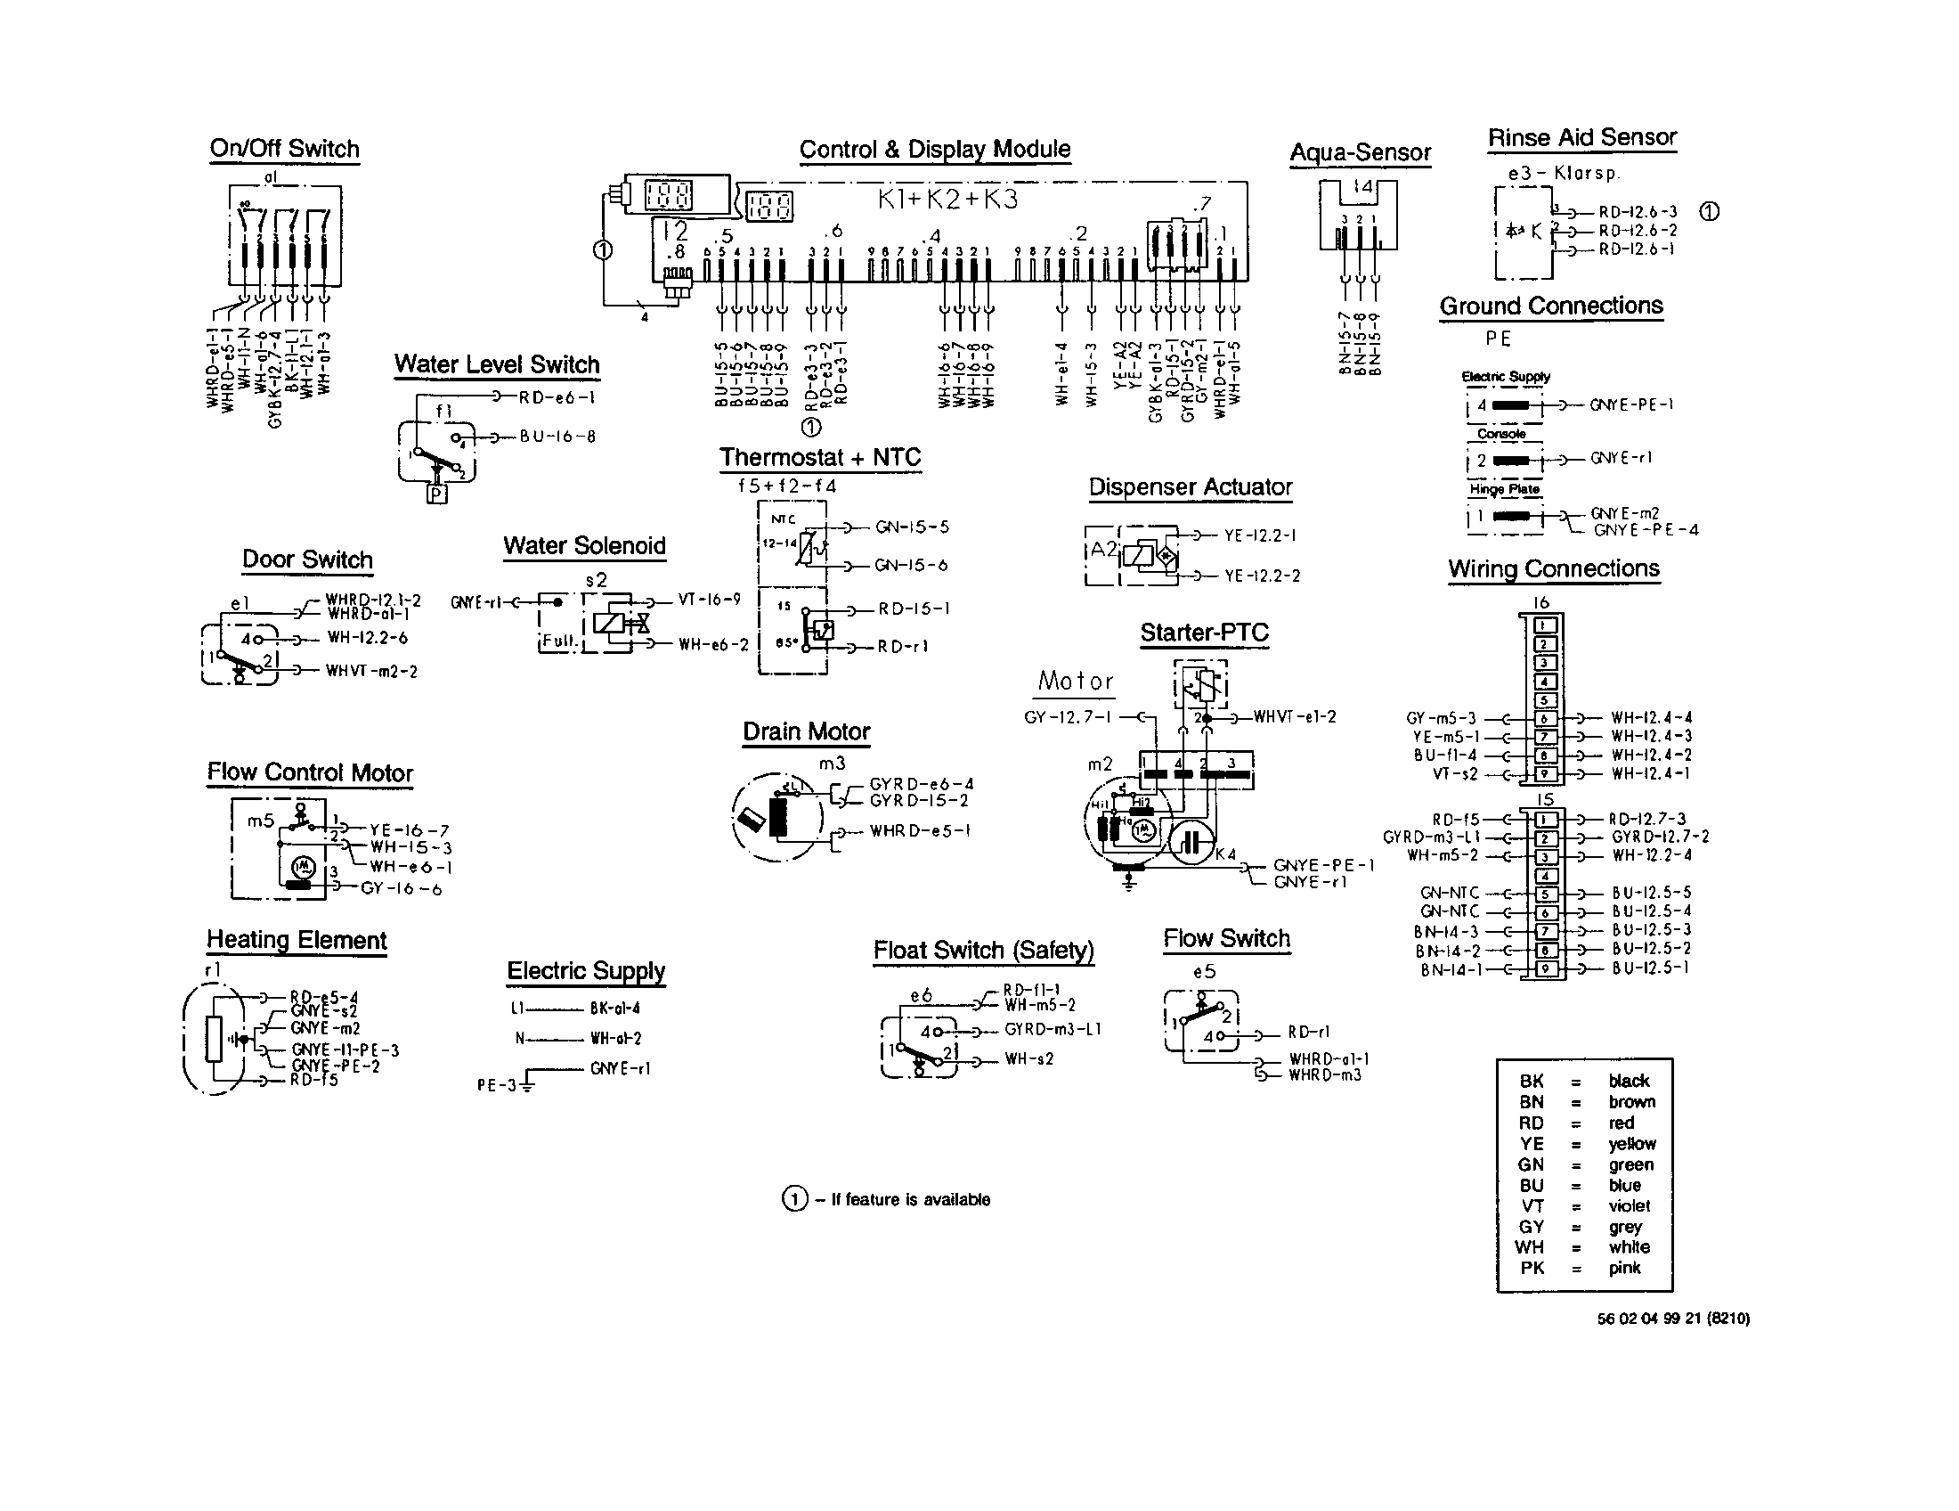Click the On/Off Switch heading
tap(284, 149)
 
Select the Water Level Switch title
tap(497, 364)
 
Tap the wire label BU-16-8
tap(558, 437)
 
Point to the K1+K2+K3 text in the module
tap(948, 200)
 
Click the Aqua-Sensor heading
tap(1360, 152)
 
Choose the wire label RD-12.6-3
tap(1638, 213)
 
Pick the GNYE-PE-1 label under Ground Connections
tap(1631, 404)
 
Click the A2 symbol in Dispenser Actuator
tap(1102, 550)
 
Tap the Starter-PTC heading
tap(1204, 633)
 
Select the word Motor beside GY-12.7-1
tap(1076, 681)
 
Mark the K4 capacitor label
tap(1225, 854)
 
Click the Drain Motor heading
tap(807, 731)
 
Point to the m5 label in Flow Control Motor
tap(260, 821)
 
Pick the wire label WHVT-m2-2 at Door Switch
tap(371, 671)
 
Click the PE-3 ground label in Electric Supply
tap(496, 1086)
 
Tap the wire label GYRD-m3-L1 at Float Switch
tap(1053, 1029)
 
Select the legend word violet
tap(1629, 1206)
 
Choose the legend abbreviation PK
tap(1532, 1268)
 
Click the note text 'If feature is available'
tap(910, 1200)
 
